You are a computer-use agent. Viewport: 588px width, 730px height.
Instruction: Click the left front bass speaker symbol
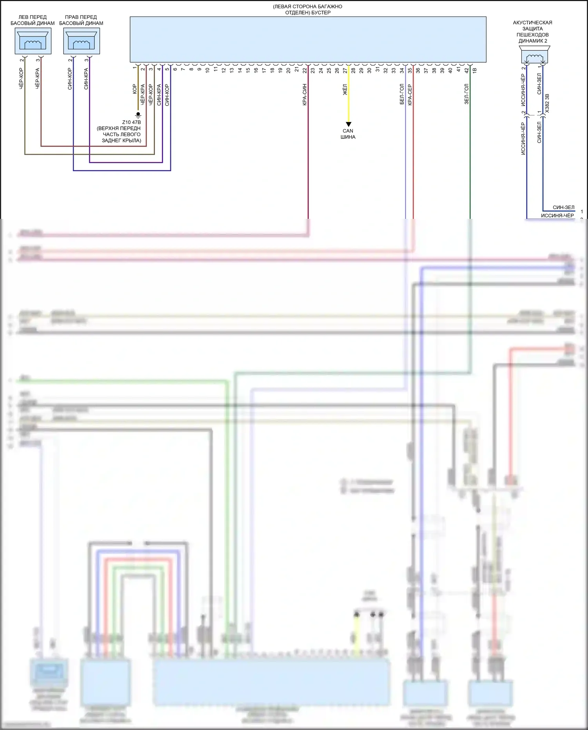[33, 40]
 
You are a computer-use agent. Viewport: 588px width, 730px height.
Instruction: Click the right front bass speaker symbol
[81, 40]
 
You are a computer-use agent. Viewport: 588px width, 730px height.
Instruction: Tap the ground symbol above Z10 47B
[138, 115]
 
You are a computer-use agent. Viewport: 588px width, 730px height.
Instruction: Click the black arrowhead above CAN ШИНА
[348, 124]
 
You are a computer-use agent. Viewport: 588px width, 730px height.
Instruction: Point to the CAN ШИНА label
[348, 134]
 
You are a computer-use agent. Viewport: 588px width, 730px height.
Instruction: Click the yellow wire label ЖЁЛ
[345, 90]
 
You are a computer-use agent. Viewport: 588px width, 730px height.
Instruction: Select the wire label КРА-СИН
[305, 95]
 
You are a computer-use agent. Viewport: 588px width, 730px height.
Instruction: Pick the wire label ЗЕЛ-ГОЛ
[466, 94]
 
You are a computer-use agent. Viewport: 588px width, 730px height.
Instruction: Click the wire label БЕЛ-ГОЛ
[402, 95]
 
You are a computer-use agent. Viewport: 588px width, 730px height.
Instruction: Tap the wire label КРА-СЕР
[410, 95]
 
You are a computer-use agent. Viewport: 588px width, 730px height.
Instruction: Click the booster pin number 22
[305, 70]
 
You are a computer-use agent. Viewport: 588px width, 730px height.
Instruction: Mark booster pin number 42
[466, 71]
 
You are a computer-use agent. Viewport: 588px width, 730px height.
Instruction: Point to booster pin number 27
[345, 71]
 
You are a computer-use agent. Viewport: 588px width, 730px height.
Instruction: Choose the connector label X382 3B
[547, 103]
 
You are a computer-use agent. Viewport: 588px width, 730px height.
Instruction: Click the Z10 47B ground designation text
[131, 122]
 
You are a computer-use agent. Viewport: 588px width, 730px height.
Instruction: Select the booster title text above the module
[308, 10]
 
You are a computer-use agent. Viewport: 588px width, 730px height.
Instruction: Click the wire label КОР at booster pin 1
[134, 89]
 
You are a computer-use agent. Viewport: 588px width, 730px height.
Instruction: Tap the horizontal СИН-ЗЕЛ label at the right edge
[563, 208]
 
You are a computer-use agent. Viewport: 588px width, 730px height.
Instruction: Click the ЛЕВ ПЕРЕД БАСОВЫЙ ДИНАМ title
[33, 20]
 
